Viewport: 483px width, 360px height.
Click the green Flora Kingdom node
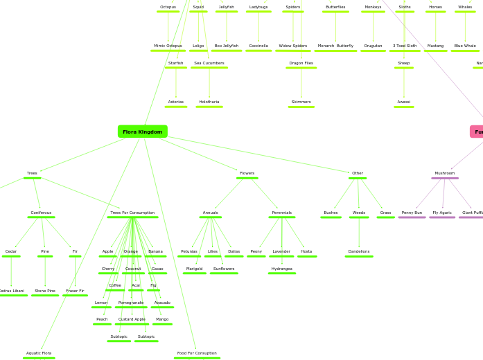(142, 132)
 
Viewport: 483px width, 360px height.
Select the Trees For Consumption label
(132, 213)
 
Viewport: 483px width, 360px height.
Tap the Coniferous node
(41, 213)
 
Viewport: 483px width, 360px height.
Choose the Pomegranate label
(131, 303)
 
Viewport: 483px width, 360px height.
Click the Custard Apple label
(132, 319)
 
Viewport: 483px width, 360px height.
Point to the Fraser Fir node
(75, 291)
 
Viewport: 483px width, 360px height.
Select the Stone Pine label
(45, 291)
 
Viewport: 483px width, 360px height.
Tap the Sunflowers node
(224, 269)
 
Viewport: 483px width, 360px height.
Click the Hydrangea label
(281, 269)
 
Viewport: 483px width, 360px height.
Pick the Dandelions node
(359, 251)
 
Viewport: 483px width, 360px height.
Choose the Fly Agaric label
(442, 213)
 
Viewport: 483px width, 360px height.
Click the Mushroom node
(445, 173)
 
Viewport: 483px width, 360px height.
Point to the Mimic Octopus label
(168, 46)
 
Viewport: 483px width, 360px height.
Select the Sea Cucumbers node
(209, 63)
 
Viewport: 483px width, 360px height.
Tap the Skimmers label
(301, 102)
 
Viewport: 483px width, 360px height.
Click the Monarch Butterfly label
(335, 46)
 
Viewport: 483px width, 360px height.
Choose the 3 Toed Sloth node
(405, 46)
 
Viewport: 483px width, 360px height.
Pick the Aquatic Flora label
(39, 353)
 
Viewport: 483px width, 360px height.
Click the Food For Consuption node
(197, 353)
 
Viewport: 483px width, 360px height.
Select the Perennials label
(281, 213)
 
